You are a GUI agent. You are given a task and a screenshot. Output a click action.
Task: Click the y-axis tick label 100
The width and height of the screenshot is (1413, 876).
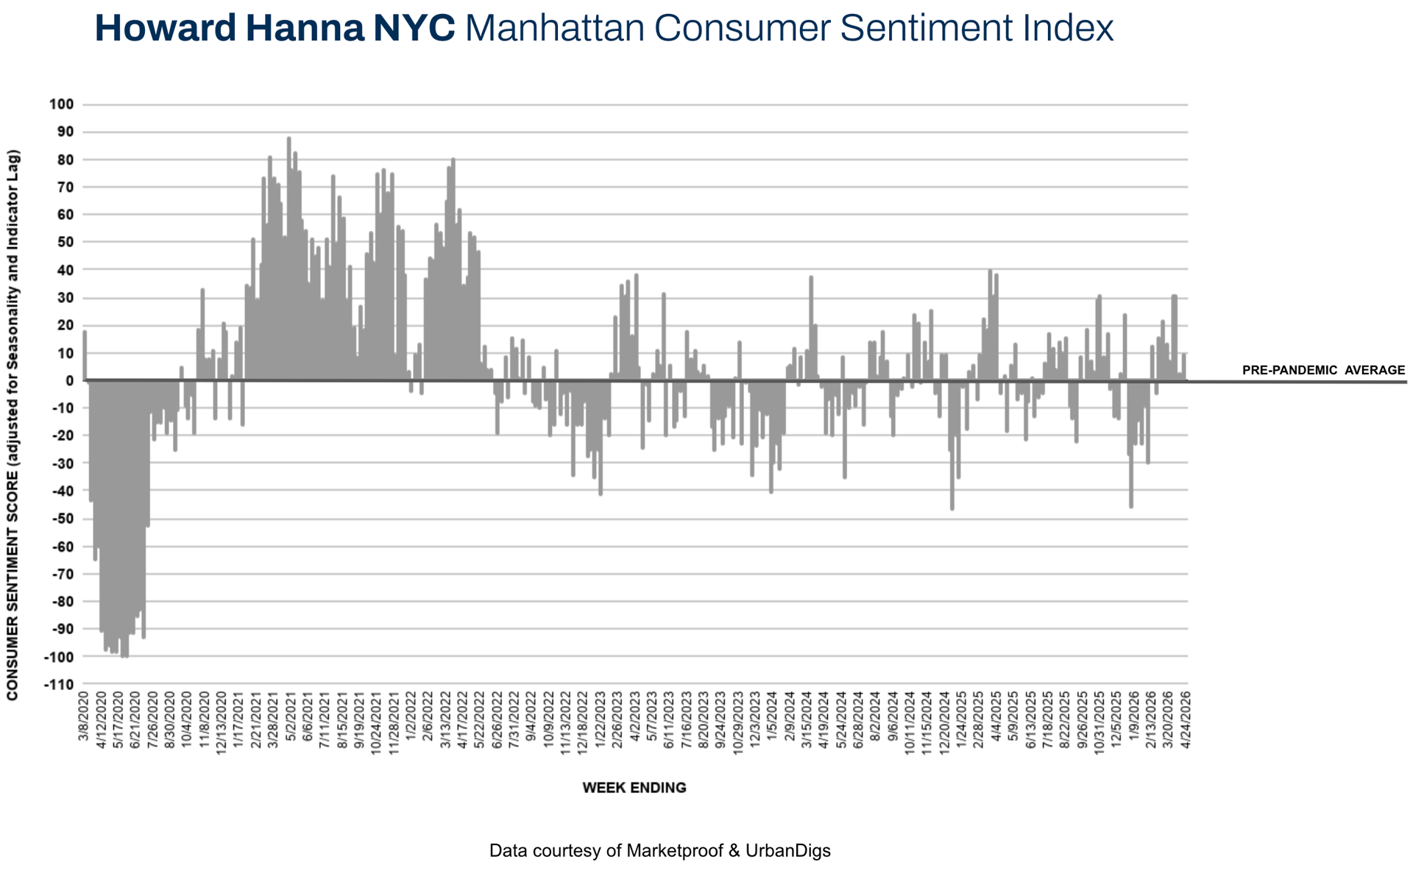point(62,104)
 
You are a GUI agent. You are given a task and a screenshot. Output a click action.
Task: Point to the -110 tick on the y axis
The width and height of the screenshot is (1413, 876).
point(60,684)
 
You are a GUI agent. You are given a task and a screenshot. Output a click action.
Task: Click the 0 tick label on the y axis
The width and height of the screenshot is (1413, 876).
point(69,380)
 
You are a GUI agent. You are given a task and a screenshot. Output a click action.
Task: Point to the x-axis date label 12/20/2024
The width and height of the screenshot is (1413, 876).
point(945,721)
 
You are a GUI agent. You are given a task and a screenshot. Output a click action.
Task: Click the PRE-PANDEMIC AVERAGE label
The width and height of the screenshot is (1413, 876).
point(1323,370)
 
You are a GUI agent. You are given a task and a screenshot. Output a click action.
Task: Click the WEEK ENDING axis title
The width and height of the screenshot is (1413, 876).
point(634,788)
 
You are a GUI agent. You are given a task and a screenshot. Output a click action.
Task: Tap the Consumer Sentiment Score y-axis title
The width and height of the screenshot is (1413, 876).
point(13,425)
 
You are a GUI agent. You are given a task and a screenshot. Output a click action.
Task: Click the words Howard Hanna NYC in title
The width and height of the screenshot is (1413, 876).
point(275,29)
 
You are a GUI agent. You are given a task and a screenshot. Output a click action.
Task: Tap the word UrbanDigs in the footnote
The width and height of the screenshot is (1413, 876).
point(787,851)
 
